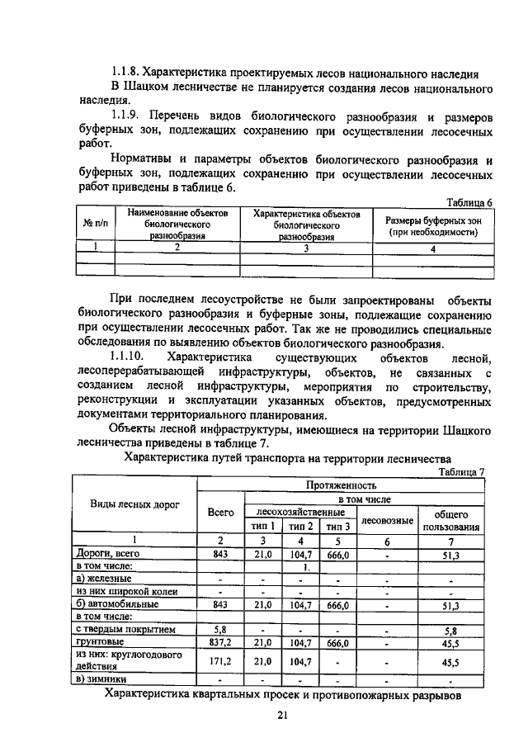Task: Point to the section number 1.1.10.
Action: click(x=130, y=357)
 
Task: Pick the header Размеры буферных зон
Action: click(x=433, y=220)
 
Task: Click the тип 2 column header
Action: click(x=299, y=526)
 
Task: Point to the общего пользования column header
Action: click(x=450, y=520)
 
